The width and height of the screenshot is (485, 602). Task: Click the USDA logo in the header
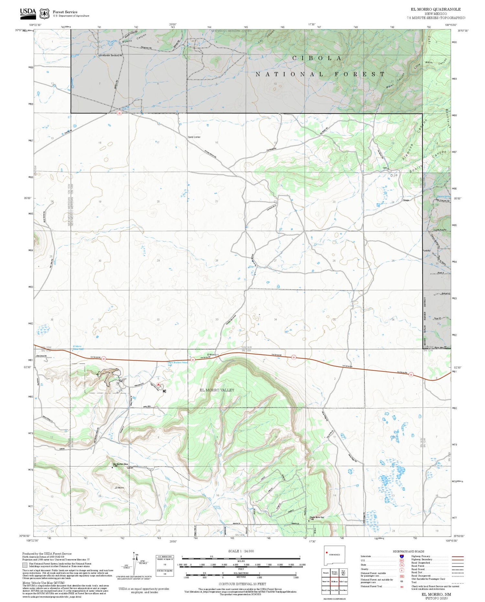click(28, 12)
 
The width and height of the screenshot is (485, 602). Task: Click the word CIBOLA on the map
click(317, 58)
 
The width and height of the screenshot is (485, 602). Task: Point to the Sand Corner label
click(194, 137)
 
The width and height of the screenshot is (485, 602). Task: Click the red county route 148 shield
click(119, 113)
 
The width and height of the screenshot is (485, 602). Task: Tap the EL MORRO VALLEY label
click(217, 390)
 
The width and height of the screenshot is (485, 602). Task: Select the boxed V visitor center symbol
click(118, 383)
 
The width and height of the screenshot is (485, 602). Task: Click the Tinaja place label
click(406, 200)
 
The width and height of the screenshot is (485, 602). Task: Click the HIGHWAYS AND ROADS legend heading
click(408, 551)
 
